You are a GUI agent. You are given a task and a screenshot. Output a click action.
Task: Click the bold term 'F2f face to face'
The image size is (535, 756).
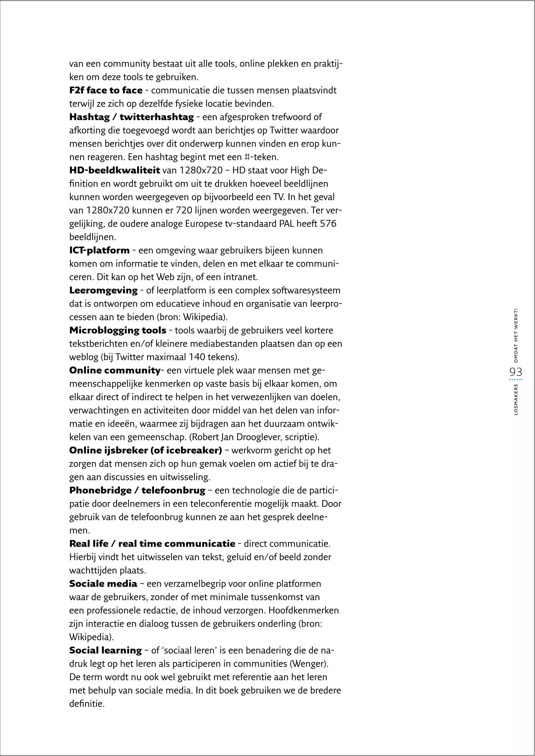[x=106, y=90]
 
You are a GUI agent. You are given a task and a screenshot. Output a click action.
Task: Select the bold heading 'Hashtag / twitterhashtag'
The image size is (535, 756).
[x=131, y=117]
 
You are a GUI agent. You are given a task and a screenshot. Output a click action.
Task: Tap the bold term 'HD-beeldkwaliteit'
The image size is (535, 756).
[x=115, y=170]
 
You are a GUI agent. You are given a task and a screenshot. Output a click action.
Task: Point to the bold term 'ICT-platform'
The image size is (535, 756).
[x=100, y=250]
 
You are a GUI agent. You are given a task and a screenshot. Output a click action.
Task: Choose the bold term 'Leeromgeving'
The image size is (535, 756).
[x=103, y=290]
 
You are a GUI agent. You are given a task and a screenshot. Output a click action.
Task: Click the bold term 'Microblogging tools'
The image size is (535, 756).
[x=118, y=330]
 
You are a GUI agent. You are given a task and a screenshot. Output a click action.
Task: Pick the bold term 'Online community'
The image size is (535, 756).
[x=115, y=370]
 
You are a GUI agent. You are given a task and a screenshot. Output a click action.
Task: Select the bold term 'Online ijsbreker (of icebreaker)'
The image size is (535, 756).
[x=146, y=450]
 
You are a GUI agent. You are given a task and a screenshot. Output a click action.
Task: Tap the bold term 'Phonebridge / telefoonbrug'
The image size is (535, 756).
[x=137, y=490]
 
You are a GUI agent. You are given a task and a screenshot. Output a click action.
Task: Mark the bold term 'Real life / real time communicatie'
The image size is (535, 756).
[x=152, y=544]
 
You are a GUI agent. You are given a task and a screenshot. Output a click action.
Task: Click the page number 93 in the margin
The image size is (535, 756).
[x=516, y=372]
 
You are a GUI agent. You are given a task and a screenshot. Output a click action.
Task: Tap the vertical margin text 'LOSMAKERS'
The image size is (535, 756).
[x=516, y=399]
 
